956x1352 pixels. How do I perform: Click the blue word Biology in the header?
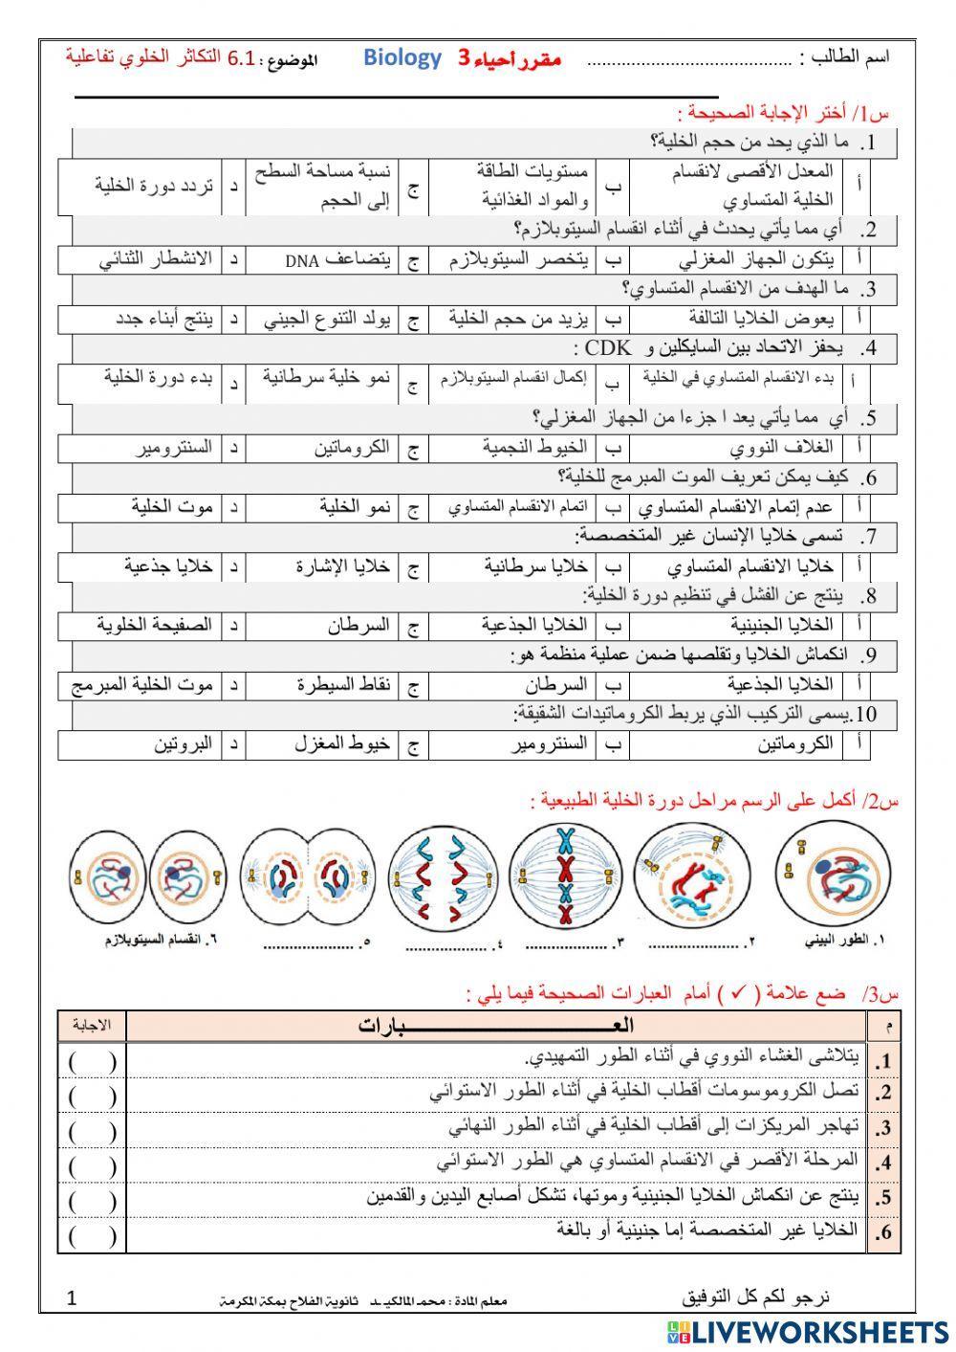[402, 58]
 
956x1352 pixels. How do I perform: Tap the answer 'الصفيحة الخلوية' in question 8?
[154, 625]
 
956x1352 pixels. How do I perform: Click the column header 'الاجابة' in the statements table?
[92, 1026]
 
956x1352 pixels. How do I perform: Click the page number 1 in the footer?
[72, 1298]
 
